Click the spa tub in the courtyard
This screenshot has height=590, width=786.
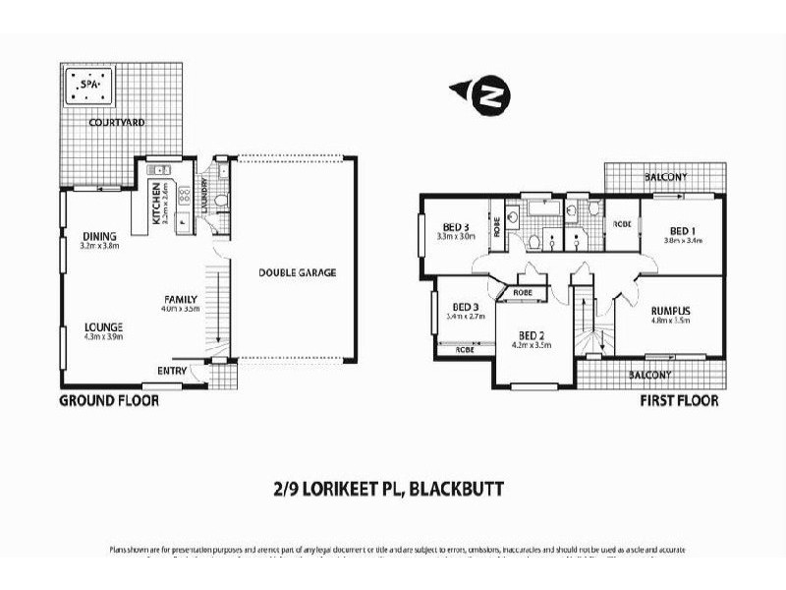tap(89, 87)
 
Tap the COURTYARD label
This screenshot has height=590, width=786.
tap(117, 123)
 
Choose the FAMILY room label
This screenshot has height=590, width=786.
tap(182, 299)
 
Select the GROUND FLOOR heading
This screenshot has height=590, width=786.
tap(109, 401)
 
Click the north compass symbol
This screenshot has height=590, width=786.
tap(488, 94)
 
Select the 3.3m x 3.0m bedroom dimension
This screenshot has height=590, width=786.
tap(455, 237)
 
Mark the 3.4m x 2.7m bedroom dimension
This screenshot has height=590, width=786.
tap(466, 317)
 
